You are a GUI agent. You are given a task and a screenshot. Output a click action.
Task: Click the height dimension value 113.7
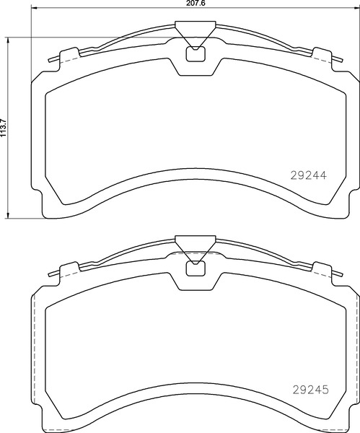3,128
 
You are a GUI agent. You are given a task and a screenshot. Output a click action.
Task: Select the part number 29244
308,175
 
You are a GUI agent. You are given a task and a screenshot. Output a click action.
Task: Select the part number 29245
310,390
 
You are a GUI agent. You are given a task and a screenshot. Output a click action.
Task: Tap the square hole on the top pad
196,54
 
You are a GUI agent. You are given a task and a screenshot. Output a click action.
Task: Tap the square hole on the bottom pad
196,268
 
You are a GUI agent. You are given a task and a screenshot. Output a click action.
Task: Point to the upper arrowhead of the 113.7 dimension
9,40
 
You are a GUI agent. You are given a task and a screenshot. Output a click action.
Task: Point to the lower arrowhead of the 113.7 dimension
9,215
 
